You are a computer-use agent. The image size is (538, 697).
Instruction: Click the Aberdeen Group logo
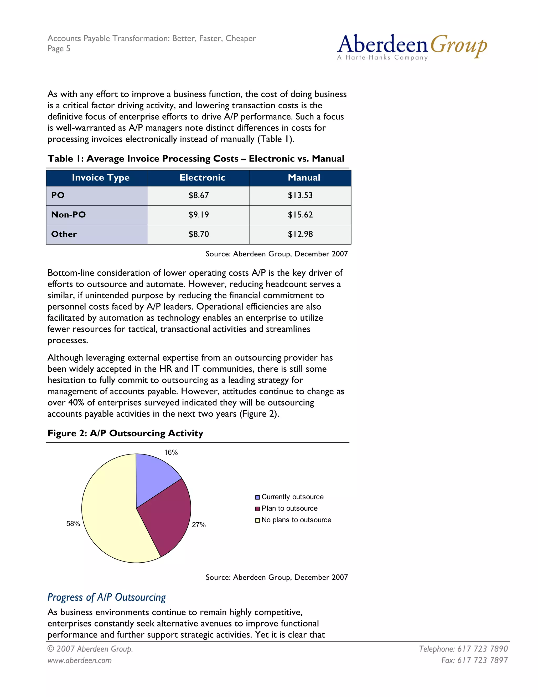412,47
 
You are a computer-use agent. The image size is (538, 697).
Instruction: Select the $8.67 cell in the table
199,195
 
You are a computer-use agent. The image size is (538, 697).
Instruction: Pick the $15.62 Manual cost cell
300,215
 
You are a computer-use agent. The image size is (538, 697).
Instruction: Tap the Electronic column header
202,178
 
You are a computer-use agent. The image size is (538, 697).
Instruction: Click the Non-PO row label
69,215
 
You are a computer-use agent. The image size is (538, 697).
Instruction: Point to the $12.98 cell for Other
300,234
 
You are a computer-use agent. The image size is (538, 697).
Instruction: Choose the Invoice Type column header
101,178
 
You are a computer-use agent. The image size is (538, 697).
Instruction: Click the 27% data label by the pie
199,525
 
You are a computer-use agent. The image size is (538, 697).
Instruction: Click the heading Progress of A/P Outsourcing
107,597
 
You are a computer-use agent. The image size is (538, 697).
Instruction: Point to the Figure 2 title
125,433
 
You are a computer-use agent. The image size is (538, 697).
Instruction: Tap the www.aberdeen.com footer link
80,660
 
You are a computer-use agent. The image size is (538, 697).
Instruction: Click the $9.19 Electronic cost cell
199,215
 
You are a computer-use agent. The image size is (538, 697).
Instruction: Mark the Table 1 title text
196,159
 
